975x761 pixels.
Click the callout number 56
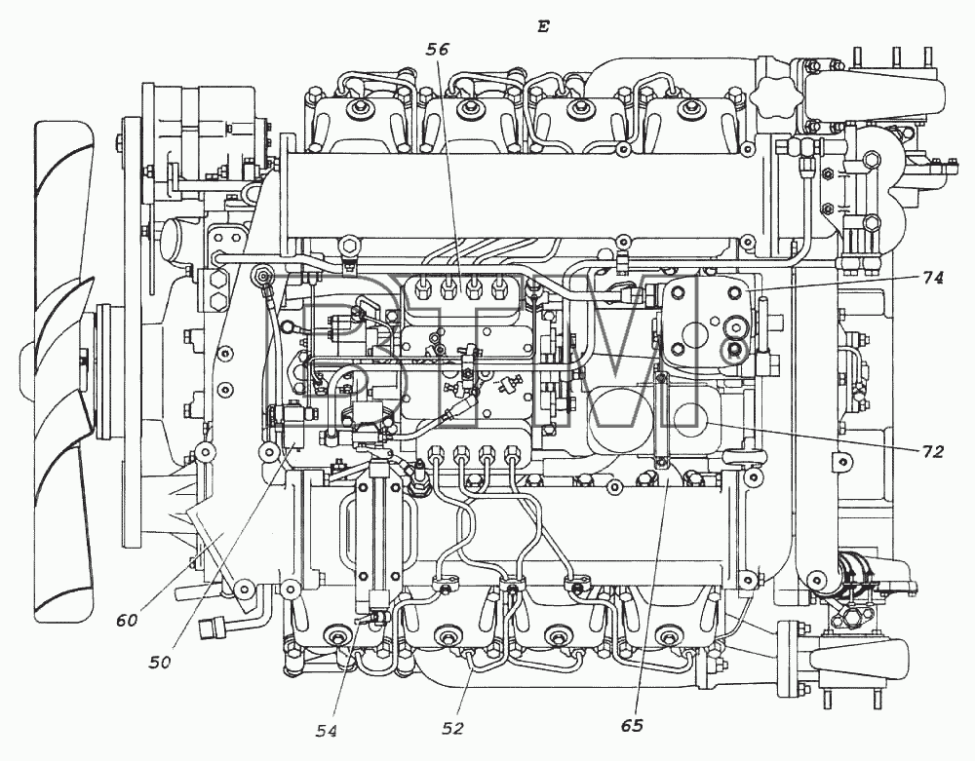point(437,50)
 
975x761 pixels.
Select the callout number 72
point(931,451)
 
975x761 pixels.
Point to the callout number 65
point(631,725)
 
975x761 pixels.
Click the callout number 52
point(452,728)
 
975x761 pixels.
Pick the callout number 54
point(326,732)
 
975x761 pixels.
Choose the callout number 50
point(159,663)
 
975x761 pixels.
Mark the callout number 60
point(126,620)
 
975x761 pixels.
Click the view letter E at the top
point(543,26)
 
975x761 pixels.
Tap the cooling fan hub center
point(83,360)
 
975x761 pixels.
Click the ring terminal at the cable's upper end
point(263,274)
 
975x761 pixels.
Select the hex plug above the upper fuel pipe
point(349,245)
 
